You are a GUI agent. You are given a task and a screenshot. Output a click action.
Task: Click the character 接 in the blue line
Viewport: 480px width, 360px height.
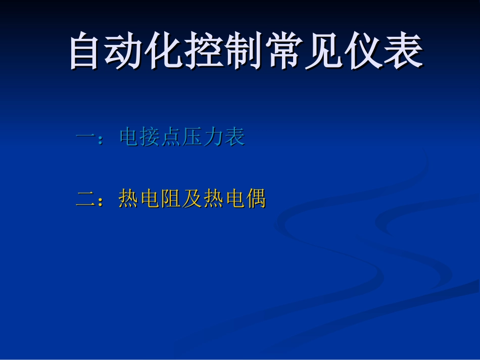click(151, 137)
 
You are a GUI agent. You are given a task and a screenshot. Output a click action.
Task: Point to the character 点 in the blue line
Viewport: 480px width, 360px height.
click(172, 137)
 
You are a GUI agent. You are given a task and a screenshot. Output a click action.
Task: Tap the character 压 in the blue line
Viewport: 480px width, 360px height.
click(193, 137)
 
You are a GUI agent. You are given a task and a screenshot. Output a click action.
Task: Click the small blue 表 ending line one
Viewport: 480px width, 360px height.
click(235, 137)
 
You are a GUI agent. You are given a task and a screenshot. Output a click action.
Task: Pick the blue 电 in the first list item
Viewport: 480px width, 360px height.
click(129, 137)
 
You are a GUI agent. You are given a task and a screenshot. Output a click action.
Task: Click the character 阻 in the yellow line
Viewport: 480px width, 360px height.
click(172, 198)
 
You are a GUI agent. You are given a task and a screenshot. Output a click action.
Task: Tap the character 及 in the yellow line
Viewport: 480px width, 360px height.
click(193, 198)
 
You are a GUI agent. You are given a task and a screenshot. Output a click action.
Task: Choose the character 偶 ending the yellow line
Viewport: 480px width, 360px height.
click(256, 198)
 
